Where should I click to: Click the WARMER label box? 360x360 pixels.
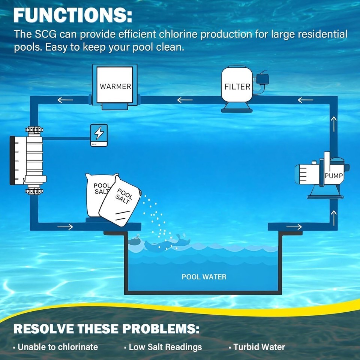115,85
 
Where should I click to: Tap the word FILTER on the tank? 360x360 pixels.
237,87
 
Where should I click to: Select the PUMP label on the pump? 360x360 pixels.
334,175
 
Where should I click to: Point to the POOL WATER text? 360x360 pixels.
204,277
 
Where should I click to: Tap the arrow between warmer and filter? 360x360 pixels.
185,100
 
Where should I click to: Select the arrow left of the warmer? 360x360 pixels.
65,100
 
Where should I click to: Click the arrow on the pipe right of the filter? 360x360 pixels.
305,100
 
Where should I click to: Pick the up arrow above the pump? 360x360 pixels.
334,124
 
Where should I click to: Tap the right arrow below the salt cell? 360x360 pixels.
65,227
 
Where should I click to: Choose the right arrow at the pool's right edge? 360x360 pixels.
294,227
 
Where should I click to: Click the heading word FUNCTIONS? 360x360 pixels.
73,15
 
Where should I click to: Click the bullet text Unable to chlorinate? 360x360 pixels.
58,347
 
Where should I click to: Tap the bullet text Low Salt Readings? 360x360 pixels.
165,347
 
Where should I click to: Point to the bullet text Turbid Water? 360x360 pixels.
259,347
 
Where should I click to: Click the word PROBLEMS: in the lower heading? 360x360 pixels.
161,329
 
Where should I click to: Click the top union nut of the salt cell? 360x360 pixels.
34,130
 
